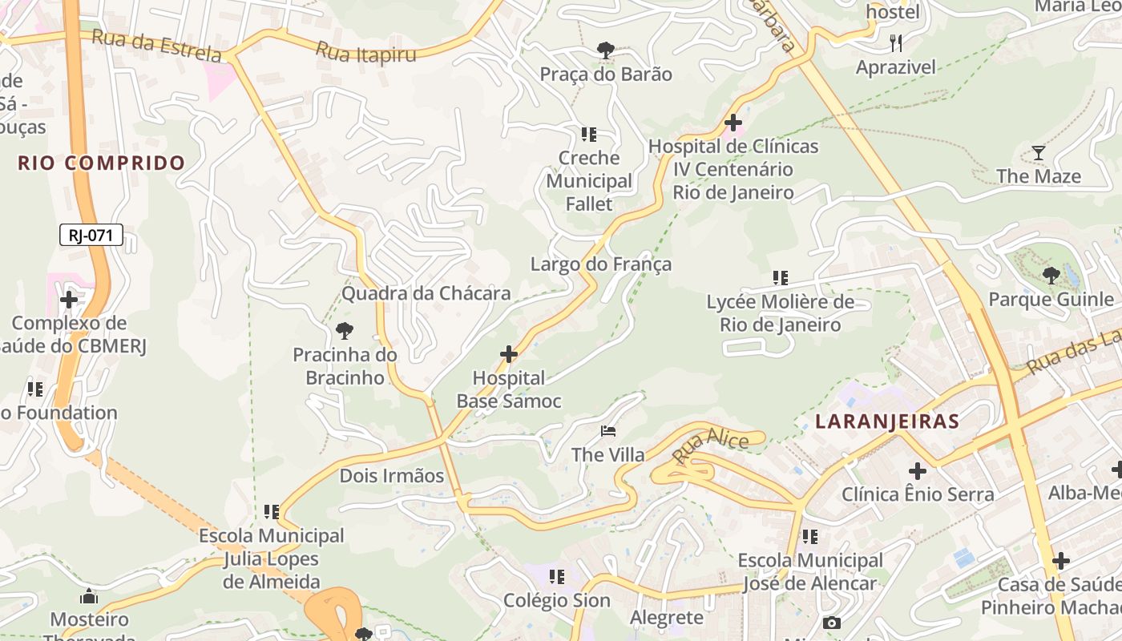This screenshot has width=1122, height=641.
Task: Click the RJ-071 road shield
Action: tap(91, 235)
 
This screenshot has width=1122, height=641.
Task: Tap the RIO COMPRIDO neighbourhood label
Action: tap(102, 163)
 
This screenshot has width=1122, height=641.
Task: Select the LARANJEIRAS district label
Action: tap(887, 421)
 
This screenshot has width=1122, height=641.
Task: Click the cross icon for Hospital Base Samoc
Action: tap(508, 353)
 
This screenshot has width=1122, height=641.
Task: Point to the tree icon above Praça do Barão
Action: tap(605, 50)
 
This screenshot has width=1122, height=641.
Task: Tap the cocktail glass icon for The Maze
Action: tap(1039, 152)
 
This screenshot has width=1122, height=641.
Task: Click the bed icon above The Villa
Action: tap(608, 432)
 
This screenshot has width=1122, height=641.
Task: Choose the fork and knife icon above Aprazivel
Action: tap(896, 42)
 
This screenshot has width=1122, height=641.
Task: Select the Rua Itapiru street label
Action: tap(366, 52)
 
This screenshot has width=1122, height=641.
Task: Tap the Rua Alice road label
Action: tap(710, 445)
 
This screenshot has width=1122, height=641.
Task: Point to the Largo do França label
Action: tap(601, 264)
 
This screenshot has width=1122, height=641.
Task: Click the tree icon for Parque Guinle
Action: tap(1051, 276)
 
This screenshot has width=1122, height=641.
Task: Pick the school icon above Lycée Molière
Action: tap(780, 278)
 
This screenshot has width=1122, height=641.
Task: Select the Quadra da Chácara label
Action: tap(426, 293)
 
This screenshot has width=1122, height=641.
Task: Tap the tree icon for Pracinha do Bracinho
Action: tap(345, 330)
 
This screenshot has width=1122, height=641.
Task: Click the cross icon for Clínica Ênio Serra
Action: tap(918, 471)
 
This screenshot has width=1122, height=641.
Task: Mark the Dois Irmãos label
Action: tap(392, 475)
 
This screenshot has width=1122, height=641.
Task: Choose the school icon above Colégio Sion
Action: tap(557, 576)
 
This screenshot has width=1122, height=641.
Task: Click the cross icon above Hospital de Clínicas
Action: tap(733, 123)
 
